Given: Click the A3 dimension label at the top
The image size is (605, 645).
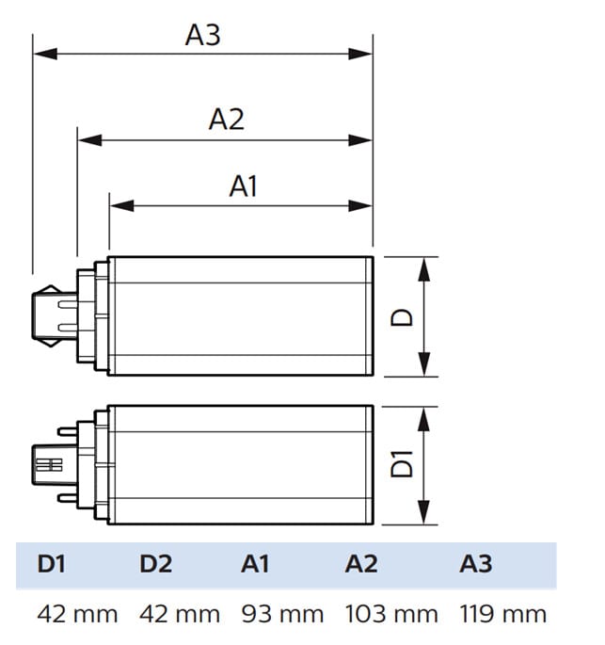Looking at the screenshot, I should (x=202, y=36).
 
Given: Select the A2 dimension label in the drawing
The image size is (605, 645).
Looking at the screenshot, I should (x=226, y=120).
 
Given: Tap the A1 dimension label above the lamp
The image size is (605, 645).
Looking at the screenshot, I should (x=243, y=186).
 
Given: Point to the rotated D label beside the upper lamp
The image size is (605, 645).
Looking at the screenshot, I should (x=403, y=316).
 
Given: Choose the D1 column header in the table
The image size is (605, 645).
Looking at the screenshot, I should (x=53, y=564).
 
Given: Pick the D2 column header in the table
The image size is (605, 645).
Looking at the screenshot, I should (x=156, y=564).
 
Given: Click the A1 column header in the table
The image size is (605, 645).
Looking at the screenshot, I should (x=256, y=564).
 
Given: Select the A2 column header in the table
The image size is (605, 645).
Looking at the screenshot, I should (x=361, y=564).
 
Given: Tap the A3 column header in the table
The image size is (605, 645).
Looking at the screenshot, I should (x=476, y=564).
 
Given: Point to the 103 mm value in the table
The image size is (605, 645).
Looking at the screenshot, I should (x=390, y=615).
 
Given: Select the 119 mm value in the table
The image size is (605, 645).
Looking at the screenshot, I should (x=503, y=615).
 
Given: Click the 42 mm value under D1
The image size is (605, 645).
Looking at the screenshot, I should (x=78, y=615).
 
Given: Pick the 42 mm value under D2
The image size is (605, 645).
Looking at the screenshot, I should (x=180, y=615).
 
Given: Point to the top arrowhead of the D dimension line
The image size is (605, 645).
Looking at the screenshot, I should (x=425, y=266).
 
